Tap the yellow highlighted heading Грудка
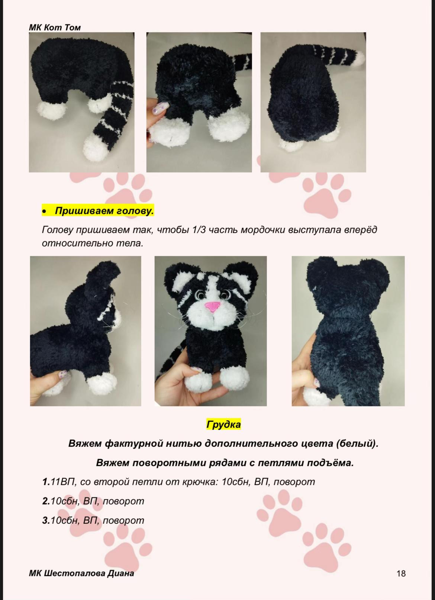click(x=223, y=424)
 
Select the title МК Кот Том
click(x=55, y=27)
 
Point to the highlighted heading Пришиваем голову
click(x=104, y=211)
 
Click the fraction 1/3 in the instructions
click(x=199, y=230)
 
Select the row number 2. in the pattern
click(x=46, y=501)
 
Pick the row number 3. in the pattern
click(x=46, y=520)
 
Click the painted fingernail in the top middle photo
click(x=160, y=108)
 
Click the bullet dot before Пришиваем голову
click(x=44, y=212)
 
